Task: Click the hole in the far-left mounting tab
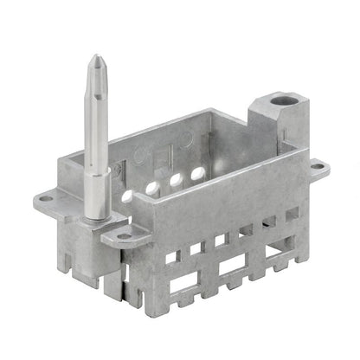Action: [x=46, y=198]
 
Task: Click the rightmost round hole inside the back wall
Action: [x=197, y=174]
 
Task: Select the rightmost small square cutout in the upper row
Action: [x=292, y=213]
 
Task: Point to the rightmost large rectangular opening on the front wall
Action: [x=279, y=252]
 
